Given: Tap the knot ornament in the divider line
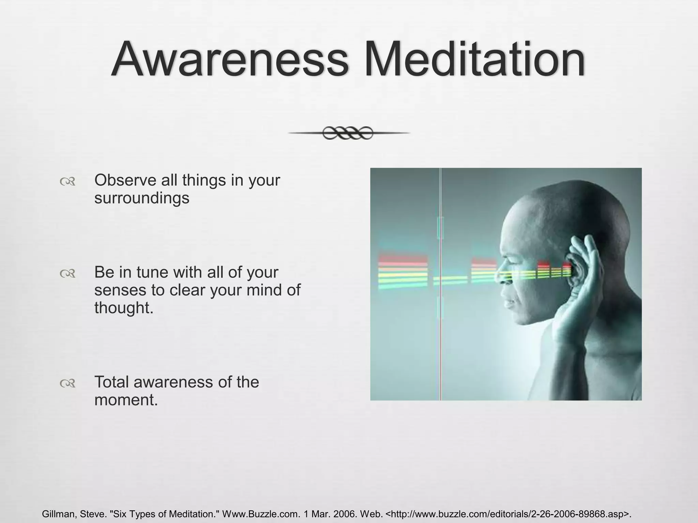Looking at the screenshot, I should (348, 133).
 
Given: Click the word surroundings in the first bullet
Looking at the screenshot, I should (141, 198).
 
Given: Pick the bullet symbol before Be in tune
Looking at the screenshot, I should (67, 273).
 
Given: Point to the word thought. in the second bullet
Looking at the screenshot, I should (124, 308).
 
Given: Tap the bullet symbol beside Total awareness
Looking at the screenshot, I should (67, 384).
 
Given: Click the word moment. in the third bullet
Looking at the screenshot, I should (126, 400).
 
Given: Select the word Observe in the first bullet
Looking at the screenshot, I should (125, 180).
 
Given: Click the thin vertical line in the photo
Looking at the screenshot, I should (440, 340).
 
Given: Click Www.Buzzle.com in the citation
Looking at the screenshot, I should (261, 514).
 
